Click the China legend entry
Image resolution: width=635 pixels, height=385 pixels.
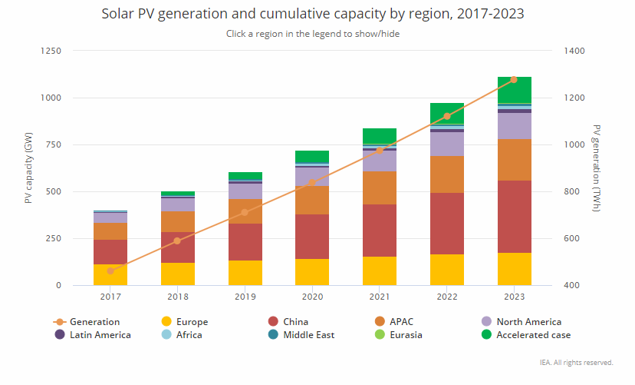[x=295, y=322]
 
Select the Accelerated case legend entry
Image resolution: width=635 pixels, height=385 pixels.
[x=533, y=335]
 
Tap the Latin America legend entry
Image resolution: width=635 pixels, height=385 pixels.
[x=100, y=335]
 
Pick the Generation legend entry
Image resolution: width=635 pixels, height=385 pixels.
[x=94, y=322]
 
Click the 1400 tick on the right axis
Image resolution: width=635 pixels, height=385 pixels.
[x=574, y=51]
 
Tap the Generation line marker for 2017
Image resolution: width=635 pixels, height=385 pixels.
[x=110, y=270]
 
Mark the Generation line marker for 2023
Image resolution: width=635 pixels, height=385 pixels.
[x=514, y=79]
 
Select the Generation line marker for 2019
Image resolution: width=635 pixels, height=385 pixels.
[x=245, y=212]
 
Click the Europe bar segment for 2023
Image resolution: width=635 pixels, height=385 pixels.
[x=514, y=269]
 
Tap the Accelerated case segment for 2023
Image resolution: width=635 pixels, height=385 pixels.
[x=514, y=90]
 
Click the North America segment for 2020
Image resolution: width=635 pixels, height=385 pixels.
[x=312, y=177]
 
